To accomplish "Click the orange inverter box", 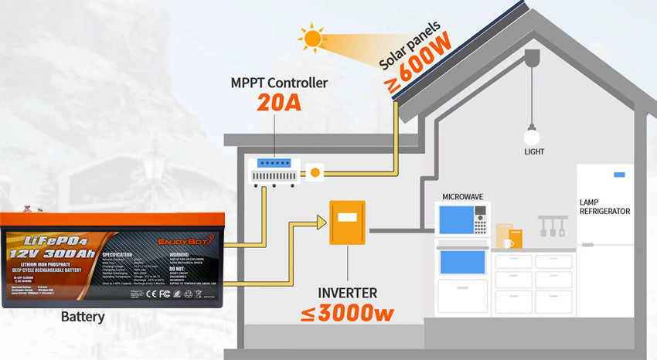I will (347, 222).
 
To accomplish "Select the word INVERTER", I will (348, 294).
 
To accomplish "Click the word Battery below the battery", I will (82, 317).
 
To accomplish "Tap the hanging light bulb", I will (531, 136).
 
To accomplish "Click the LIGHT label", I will (534, 152).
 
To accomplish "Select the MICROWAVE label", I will (462, 197).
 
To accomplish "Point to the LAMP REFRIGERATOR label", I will (604, 206).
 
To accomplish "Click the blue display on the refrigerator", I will (619, 175).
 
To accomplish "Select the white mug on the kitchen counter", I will (508, 243).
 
